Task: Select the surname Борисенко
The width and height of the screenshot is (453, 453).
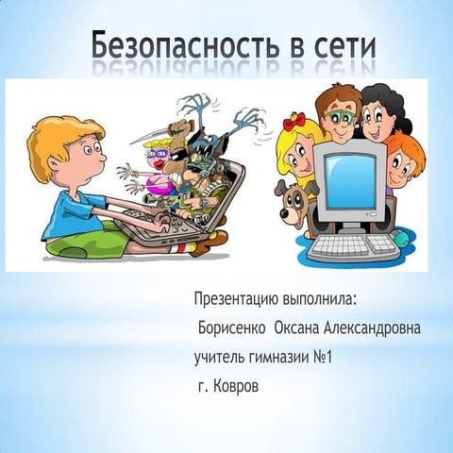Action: [x=232, y=328]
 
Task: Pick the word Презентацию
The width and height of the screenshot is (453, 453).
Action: [x=236, y=299]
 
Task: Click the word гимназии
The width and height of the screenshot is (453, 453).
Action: [x=279, y=358]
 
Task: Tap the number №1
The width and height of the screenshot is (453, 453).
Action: [x=323, y=357]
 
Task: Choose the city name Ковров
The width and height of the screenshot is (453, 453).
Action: [x=236, y=386]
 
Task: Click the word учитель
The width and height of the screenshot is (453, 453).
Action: [x=219, y=358]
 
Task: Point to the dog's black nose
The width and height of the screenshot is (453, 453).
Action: [x=284, y=214]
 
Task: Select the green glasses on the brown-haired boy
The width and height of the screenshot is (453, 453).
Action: [x=340, y=117]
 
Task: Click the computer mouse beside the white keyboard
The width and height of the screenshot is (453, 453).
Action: [x=400, y=238]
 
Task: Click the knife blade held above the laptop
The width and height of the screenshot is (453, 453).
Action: [x=150, y=136]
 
